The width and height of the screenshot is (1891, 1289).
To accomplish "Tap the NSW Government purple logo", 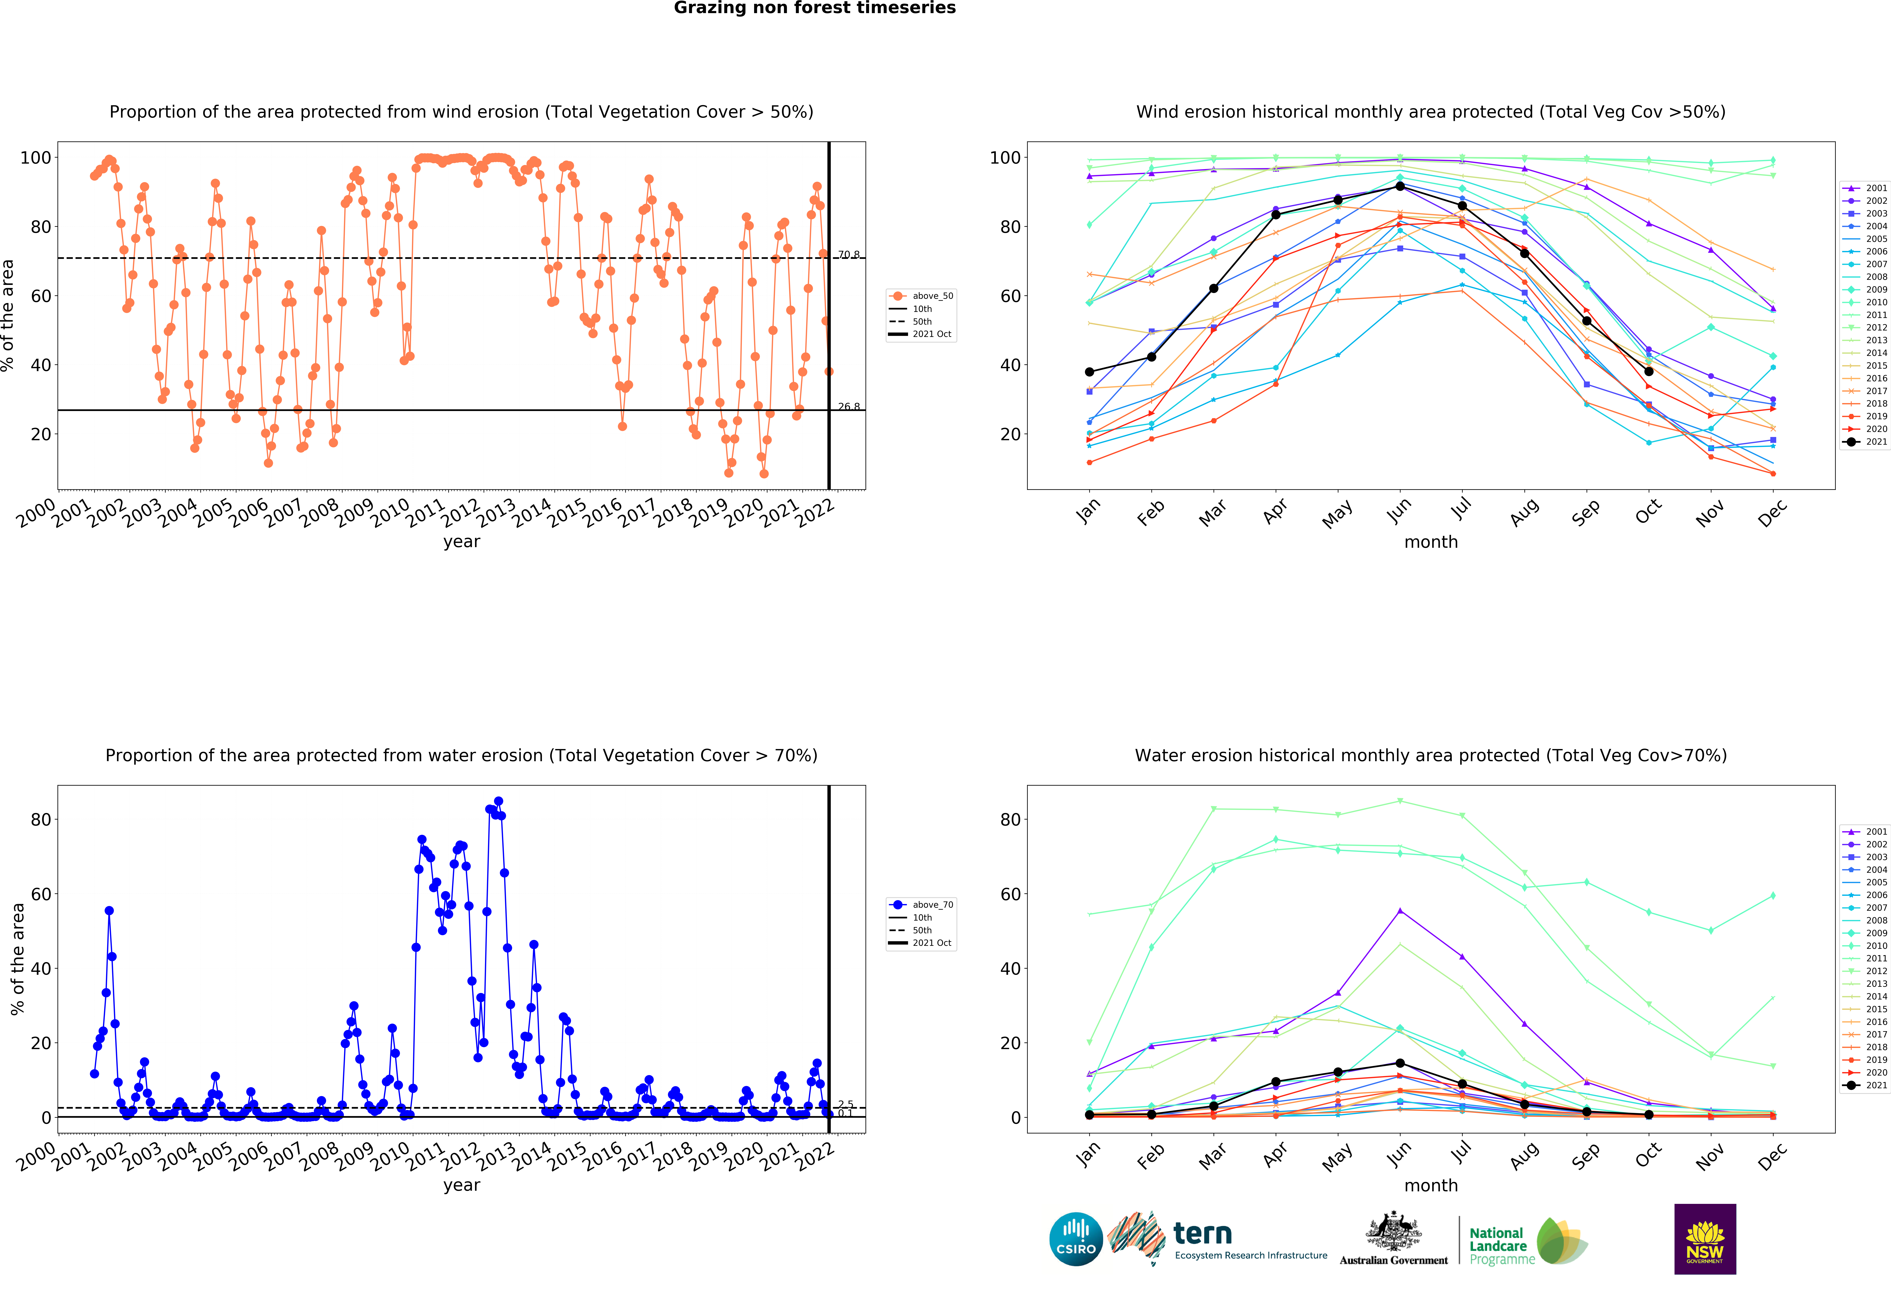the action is tap(1705, 1239).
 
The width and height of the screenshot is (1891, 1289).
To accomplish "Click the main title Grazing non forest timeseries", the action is tap(814, 8).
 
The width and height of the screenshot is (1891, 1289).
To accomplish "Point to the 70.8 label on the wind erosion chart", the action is tap(849, 255).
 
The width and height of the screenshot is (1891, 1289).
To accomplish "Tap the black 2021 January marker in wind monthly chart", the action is tap(1089, 372).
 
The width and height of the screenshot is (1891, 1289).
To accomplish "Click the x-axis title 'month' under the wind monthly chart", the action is tap(1430, 542).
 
